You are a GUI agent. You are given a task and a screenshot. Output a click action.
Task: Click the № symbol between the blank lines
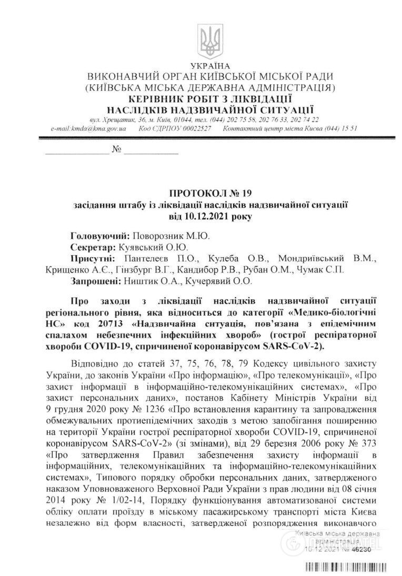(117, 150)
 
